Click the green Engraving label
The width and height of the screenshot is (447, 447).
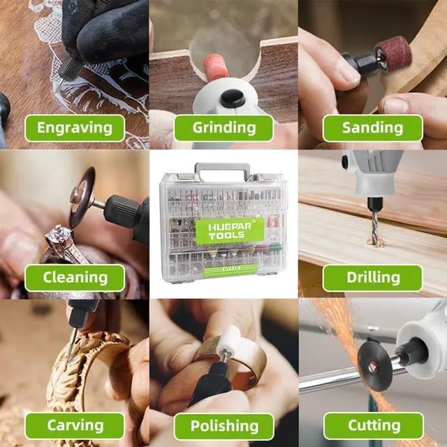click(x=75, y=128)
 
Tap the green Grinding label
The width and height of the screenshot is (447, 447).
click(x=223, y=128)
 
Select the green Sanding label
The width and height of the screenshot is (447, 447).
click(x=372, y=128)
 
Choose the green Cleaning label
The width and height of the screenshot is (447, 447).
click(x=75, y=277)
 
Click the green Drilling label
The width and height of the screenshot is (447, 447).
click(x=372, y=277)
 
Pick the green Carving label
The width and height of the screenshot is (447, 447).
click(x=75, y=425)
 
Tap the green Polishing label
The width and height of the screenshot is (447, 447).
click(x=223, y=425)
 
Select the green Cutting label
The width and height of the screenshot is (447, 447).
click(x=372, y=425)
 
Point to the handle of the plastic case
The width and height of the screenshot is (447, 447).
click(x=223, y=169)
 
